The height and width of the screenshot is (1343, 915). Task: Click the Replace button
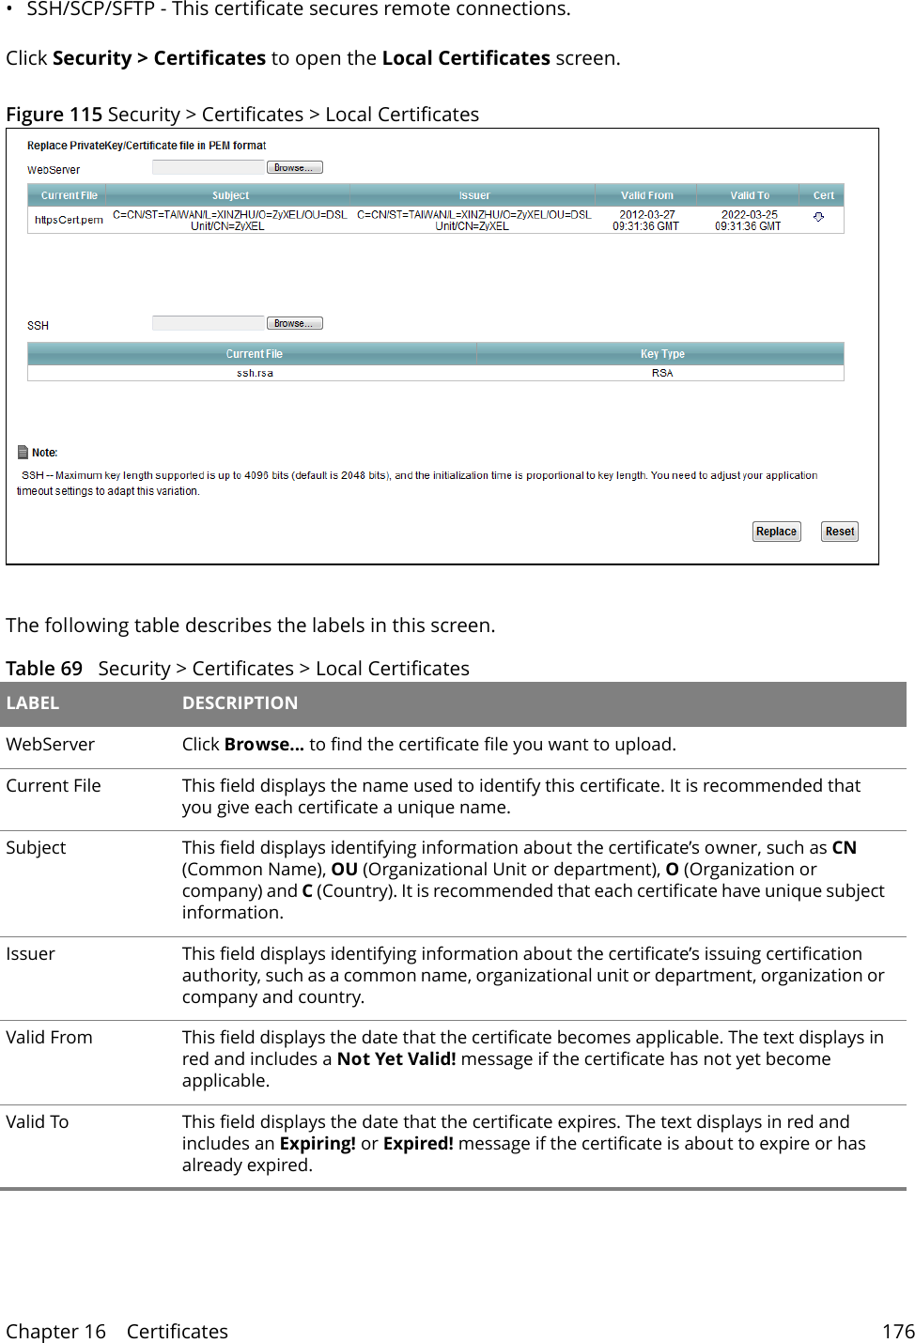point(776,532)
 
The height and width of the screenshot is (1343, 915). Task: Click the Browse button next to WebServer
point(294,168)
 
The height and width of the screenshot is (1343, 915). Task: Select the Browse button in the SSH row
point(294,323)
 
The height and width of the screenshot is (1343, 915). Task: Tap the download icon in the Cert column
point(818,217)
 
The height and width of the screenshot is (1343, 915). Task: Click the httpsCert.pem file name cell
point(69,220)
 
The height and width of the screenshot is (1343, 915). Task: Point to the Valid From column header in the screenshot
point(646,195)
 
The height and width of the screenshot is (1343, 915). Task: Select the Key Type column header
point(661,354)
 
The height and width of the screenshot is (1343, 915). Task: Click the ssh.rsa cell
point(255,373)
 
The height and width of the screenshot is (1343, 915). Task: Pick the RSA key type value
point(661,373)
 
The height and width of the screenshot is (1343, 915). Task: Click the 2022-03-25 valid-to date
point(749,215)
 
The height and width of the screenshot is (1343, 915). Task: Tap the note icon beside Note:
point(23,452)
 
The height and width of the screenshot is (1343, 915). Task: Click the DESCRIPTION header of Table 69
point(240,703)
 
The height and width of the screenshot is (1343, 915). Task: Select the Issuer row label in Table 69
point(31,954)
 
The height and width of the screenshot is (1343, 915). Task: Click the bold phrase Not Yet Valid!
point(395,1059)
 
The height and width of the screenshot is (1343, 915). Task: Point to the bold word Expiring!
point(317,1144)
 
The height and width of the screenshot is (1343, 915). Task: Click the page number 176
point(897,1332)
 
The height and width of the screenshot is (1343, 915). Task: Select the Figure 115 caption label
point(54,115)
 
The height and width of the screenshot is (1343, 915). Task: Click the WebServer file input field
point(209,168)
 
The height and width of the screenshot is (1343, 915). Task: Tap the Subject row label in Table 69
point(36,848)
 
